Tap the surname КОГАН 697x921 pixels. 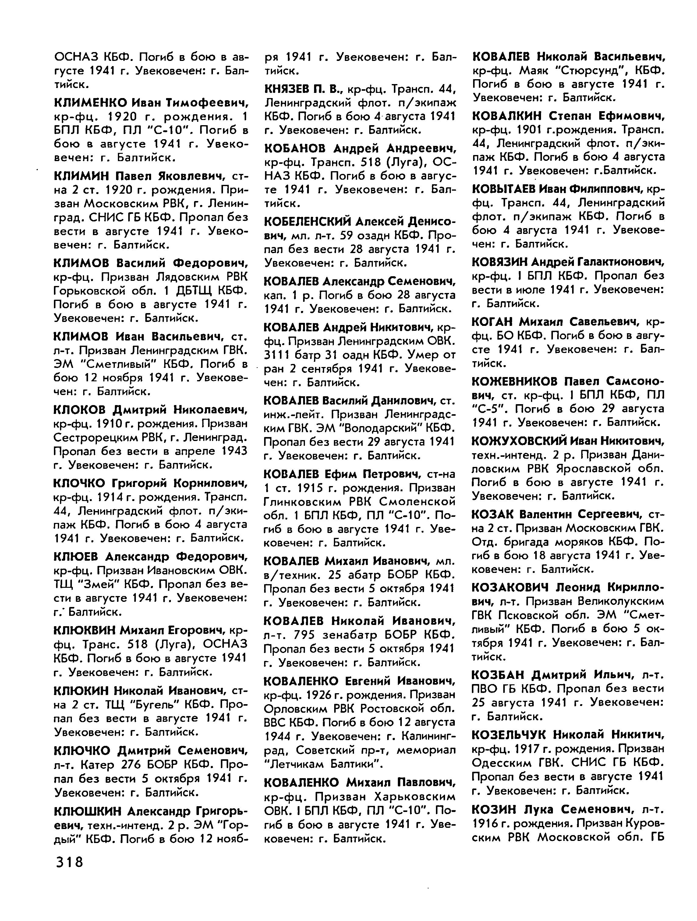pos(493,321)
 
